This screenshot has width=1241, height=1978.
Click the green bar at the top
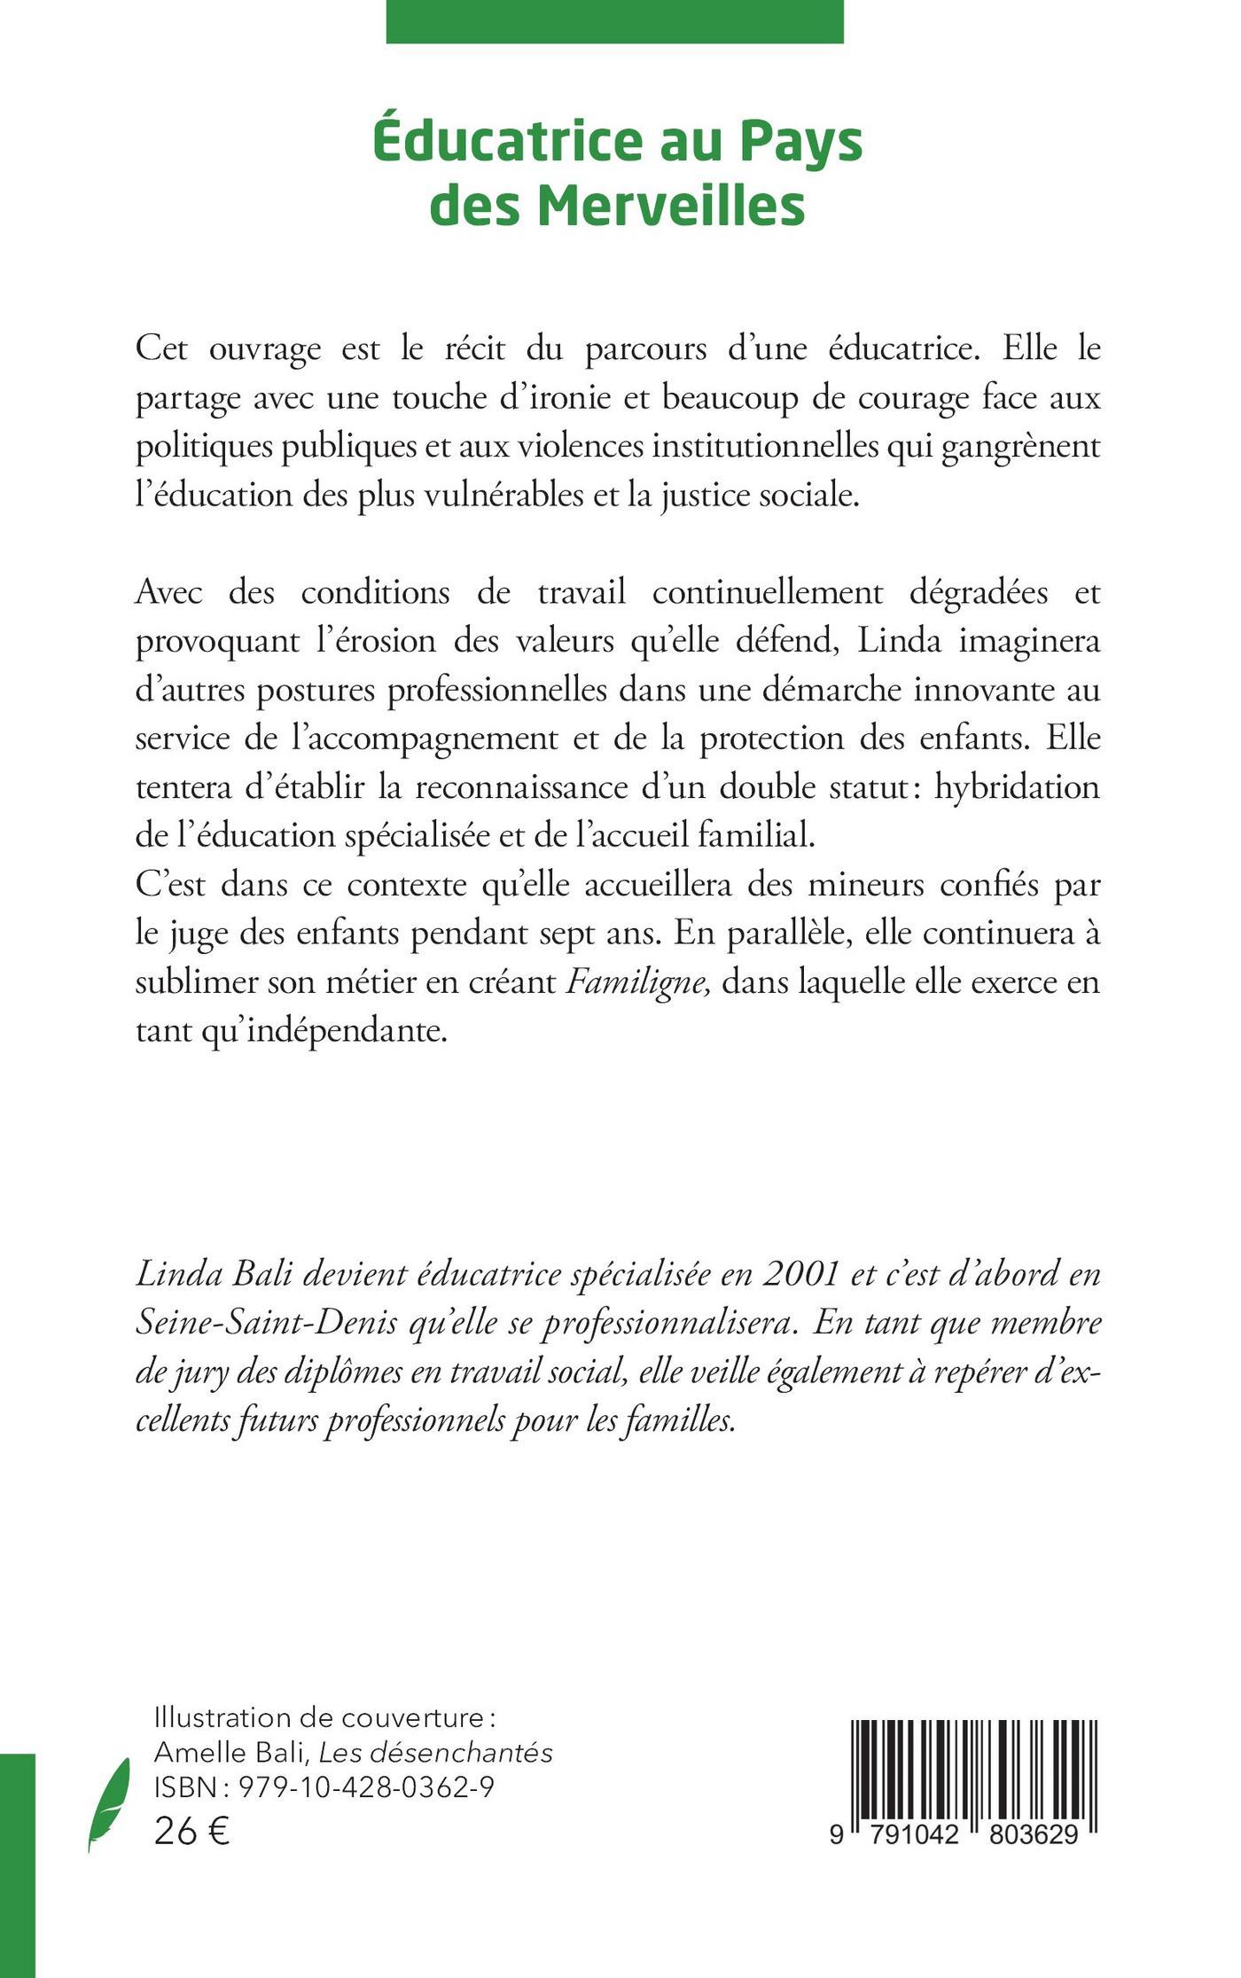coord(614,21)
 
